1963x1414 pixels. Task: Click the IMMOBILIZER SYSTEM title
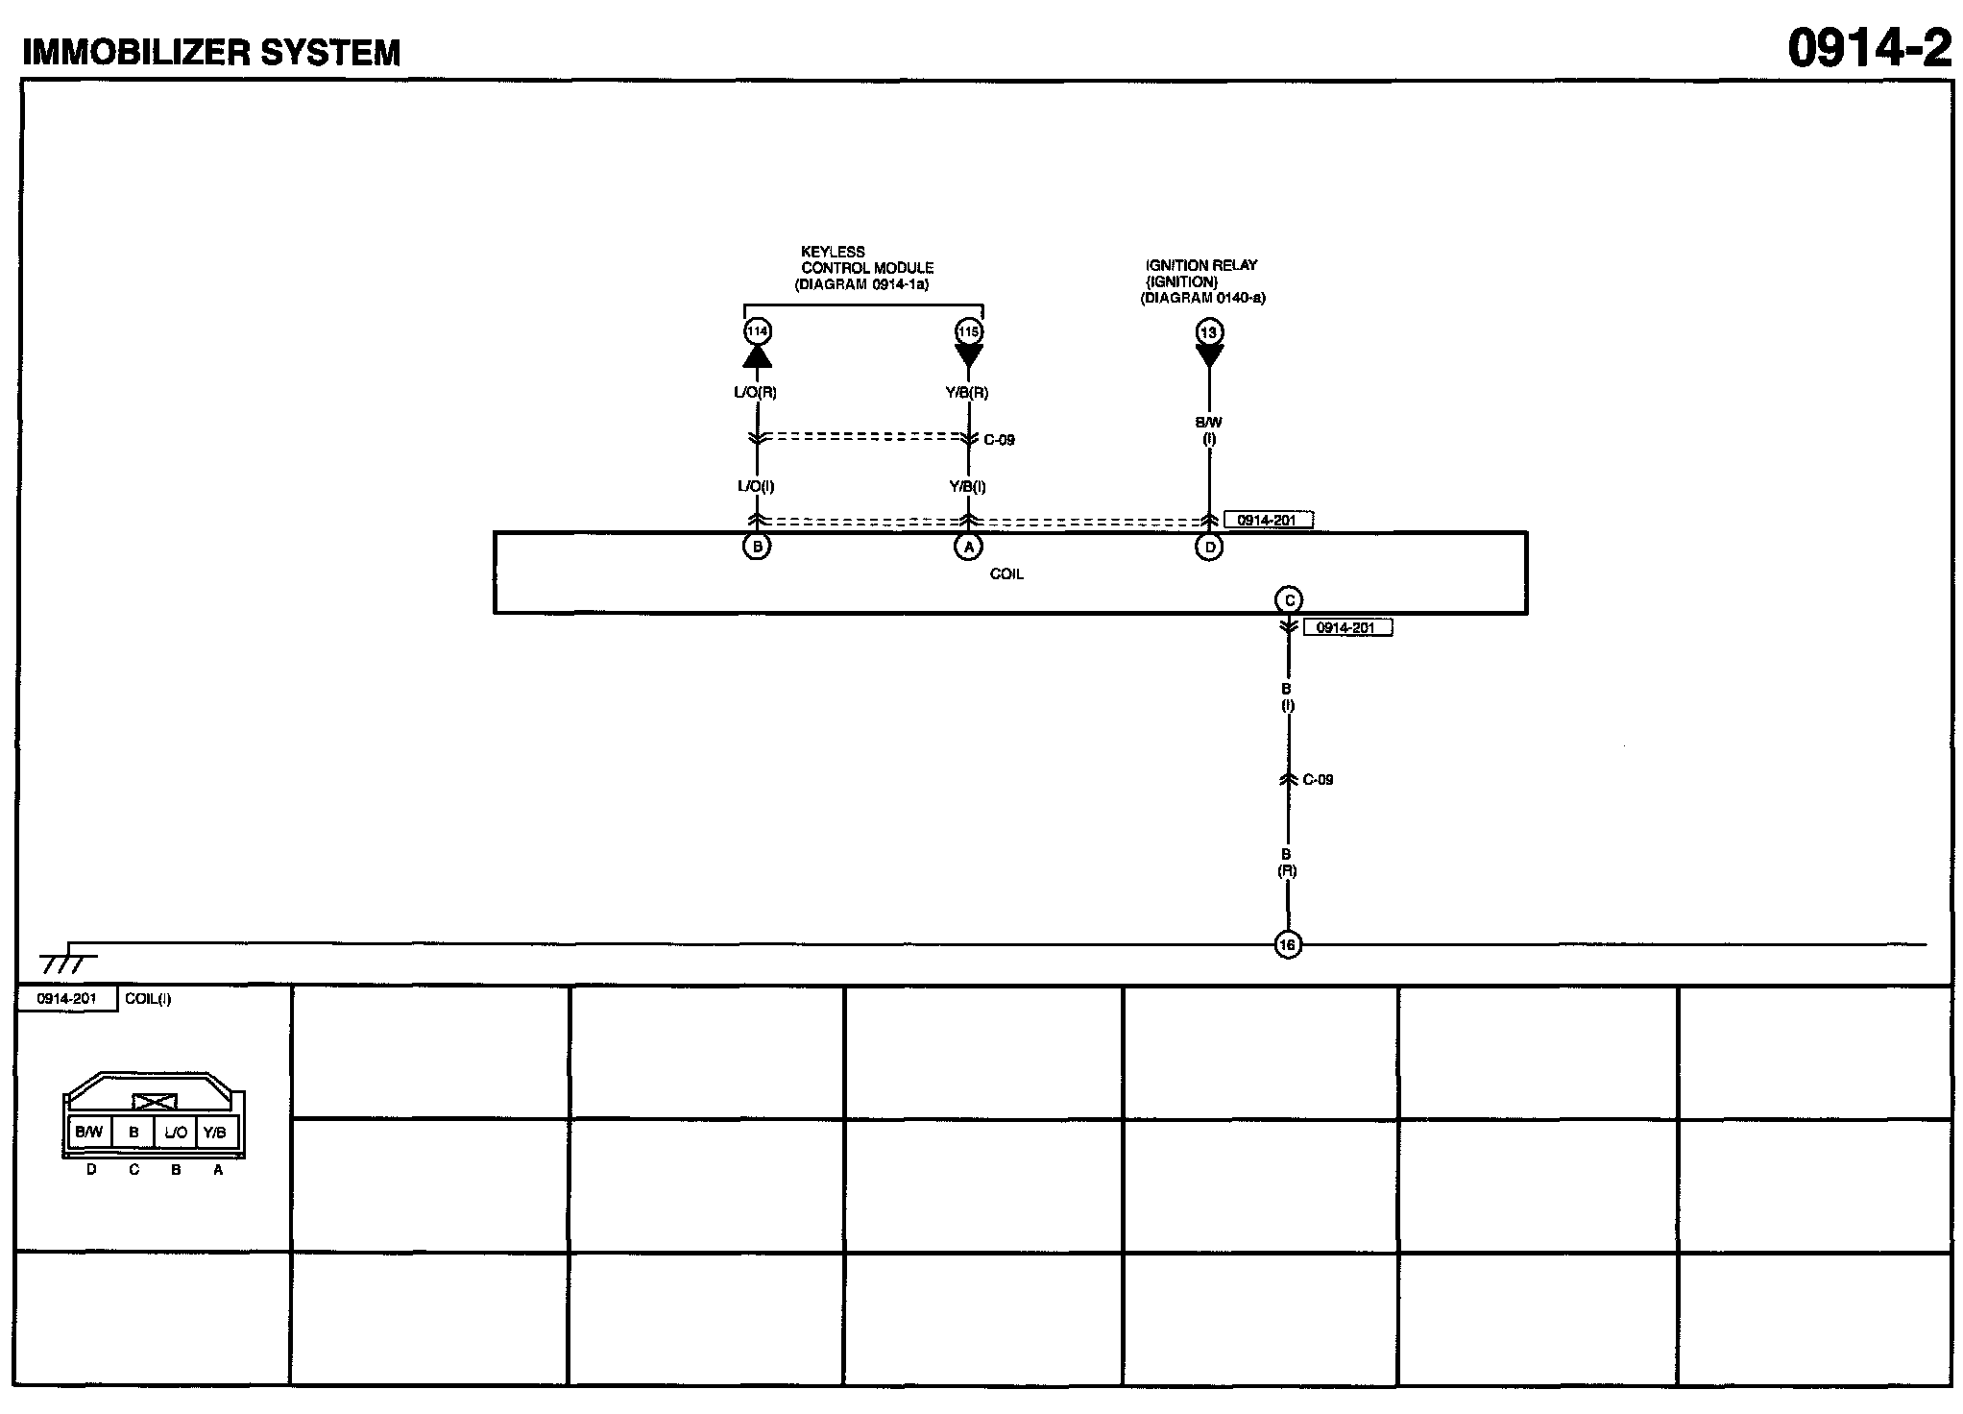coord(211,52)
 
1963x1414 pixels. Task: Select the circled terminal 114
coord(757,332)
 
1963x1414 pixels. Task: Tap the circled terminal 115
coord(968,332)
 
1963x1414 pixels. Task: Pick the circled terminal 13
coord(1208,332)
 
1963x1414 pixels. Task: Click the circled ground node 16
coord(1287,945)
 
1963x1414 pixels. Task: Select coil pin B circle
coord(757,547)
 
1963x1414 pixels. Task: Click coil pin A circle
coord(968,547)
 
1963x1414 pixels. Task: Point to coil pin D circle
coord(1208,548)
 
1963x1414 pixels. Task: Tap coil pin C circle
coord(1288,600)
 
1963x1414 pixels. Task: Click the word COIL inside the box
coord(1006,574)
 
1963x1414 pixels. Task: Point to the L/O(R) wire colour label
coord(757,392)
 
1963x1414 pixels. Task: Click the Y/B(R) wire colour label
coord(968,392)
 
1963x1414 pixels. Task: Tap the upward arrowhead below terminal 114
coord(757,357)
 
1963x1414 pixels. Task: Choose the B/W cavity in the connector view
coord(88,1133)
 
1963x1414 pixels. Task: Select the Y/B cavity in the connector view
coord(216,1133)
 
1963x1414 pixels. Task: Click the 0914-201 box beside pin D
coord(1268,520)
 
